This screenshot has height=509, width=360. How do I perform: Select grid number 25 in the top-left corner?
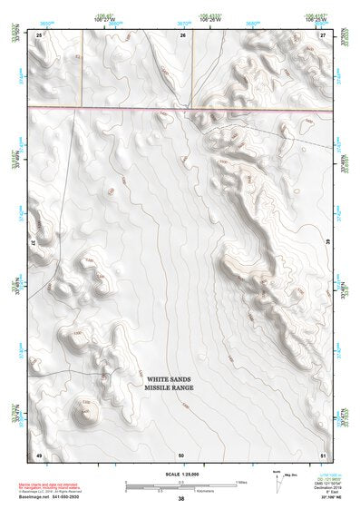(39, 34)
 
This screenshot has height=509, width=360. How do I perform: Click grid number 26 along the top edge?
(182, 34)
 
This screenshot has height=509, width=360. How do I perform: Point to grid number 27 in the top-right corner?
(323, 34)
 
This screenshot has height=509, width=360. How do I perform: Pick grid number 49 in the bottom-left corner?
(39, 454)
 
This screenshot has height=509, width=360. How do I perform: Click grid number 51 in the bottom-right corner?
(323, 454)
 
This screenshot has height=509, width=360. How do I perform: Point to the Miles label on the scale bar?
(241, 482)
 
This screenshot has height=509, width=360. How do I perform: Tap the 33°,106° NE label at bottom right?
(322, 498)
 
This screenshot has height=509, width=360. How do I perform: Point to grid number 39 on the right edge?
(327, 243)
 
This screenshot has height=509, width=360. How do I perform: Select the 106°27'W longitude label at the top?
(112, 19)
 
